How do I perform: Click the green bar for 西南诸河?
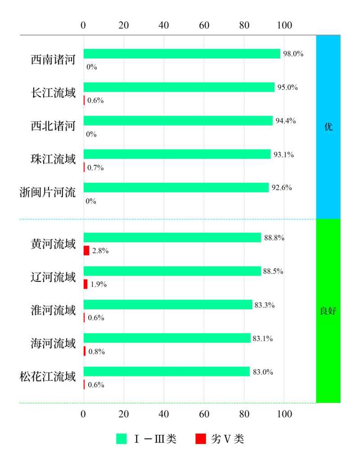point(181,54)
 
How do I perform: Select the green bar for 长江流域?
point(179,87)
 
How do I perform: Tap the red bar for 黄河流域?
point(86,251)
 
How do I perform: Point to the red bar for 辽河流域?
point(85,284)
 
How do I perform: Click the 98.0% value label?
point(293,54)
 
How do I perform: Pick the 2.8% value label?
point(100,251)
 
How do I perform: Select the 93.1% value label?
point(283,154)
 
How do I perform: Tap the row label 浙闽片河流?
point(48,192)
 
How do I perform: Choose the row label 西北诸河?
point(53,125)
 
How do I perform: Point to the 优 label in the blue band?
point(328,127)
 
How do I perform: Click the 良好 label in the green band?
point(328,311)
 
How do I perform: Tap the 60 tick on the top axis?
point(204,25)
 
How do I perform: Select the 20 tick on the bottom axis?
point(124,413)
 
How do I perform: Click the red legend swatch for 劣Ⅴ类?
point(201,439)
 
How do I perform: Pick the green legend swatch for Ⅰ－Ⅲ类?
point(121,439)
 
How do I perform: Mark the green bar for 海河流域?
point(167,338)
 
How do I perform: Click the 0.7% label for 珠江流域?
point(96,167)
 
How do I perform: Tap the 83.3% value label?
point(265,305)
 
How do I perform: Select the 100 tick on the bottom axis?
point(285,413)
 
